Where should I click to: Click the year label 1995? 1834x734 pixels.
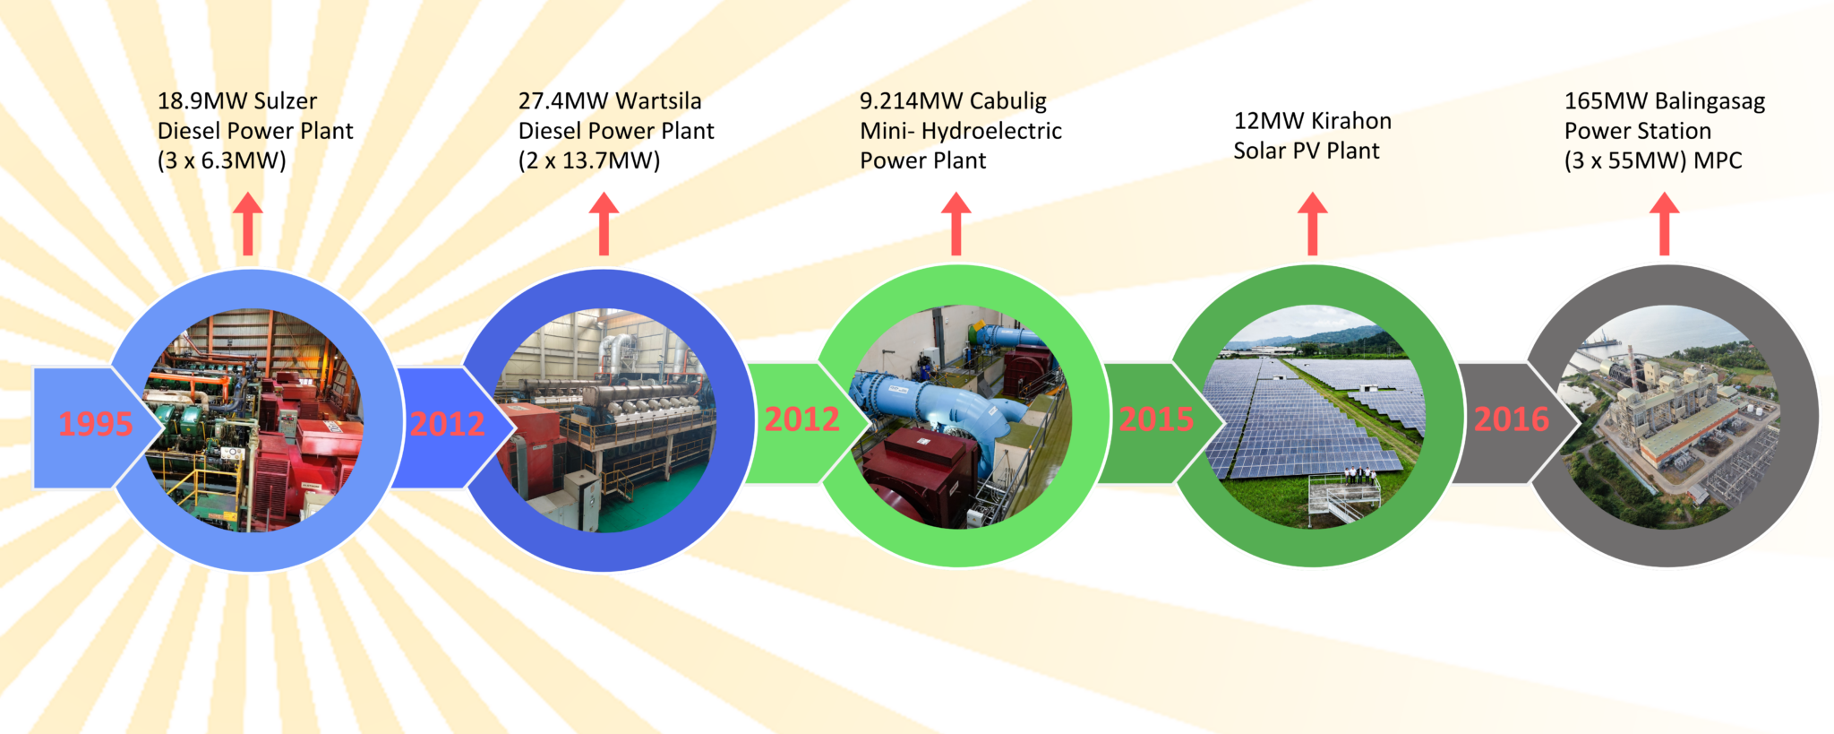point(95,424)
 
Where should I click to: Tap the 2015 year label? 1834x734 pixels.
point(1156,419)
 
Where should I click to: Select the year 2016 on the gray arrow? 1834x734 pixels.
point(1511,419)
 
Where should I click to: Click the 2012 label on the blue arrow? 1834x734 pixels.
point(447,424)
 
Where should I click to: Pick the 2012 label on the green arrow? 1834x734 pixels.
point(801,419)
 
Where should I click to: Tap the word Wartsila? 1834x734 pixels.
point(659,101)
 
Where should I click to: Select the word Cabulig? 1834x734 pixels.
point(1007,101)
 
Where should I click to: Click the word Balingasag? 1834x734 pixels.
point(1710,101)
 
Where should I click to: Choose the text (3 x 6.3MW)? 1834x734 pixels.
point(222,161)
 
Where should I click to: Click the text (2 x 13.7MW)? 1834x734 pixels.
point(589,161)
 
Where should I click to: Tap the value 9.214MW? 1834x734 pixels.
point(911,101)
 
